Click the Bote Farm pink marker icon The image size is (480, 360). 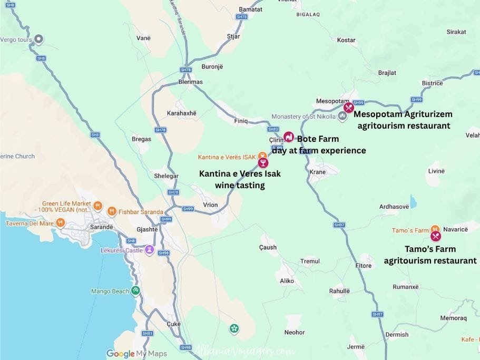pyautogui.click(x=288, y=137)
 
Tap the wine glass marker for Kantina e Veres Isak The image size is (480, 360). pyautogui.click(x=263, y=163)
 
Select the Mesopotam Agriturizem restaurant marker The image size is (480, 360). pyautogui.click(x=348, y=108)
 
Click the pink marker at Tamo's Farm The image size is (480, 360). pyautogui.click(x=435, y=236)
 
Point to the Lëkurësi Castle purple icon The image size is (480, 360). pyautogui.click(x=150, y=250)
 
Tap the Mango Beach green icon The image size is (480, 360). pyautogui.click(x=136, y=290)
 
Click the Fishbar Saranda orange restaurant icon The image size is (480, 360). pyautogui.click(x=112, y=212)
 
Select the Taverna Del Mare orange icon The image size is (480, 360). pyautogui.click(x=61, y=223)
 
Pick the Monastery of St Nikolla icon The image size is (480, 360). pyautogui.click(x=342, y=116)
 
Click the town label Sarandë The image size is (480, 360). pyautogui.click(x=102, y=227)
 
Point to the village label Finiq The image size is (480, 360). pyautogui.click(x=241, y=121)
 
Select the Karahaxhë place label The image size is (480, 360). pyautogui.click(x=181, y=113)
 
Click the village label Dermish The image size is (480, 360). pyautogui.click(x=397, y=335)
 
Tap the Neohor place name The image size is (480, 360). pyautogui.click(x=295, y=333)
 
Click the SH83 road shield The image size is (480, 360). pyautogui.click(x=273, y=129)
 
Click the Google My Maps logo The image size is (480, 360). pyautogui.click(x=136, y=354)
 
